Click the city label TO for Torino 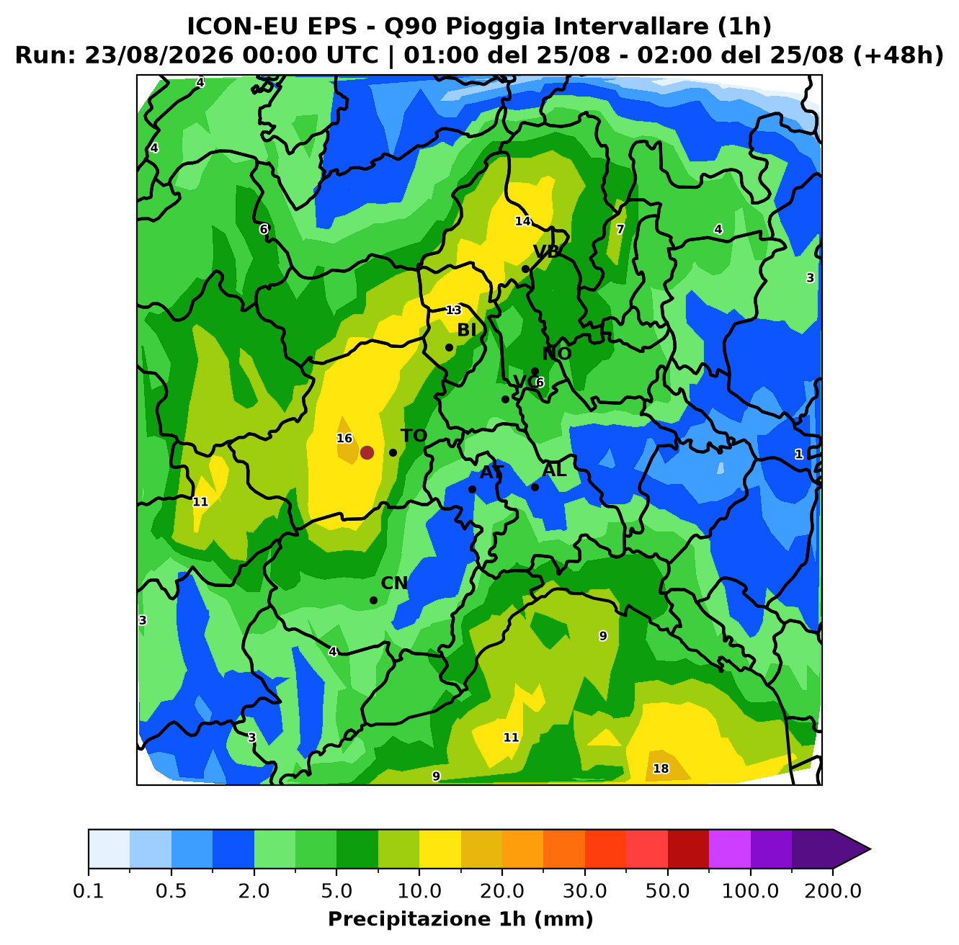pyautogui.click(x=414, y=436)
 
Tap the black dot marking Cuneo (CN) pyautogui.click(x=373, y=601)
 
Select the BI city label pyautogui.click(x=466, y=330)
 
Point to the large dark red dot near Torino pyautogui.click(x=367, y=452)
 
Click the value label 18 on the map pyautogui.click(x=661, y=769)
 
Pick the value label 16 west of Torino pyautogui.click(x=344, y=439)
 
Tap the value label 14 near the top pyautogui.click(x=522, y=221)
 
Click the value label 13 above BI pyautogui.click(x=453, y=310)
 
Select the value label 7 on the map pyautogui.click(x=620, y=230)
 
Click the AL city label pyautogui.click(x=554, y=470)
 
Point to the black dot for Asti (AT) pyautogui.click(x=472, y=489)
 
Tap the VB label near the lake pyautogui.click(x=546, y=252)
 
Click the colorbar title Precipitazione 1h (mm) pyautogui.click(x=460, y=918)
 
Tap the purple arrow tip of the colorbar pyautogui.click(x=870, y=849)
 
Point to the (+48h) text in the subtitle pyautogui.click(x=898, y=55)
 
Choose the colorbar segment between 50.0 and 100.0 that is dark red pyautogui.click(x=688, y=849)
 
